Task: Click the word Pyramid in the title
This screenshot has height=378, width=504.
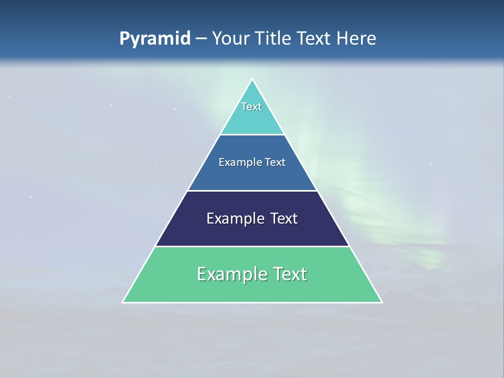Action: tap(155, 39)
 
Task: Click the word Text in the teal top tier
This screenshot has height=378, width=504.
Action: tap(251, 107)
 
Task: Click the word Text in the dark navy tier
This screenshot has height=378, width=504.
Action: tap(284, 218)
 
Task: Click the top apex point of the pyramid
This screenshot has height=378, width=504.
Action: tap(252, 79)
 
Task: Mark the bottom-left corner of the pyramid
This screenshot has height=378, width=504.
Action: tap(123, 302)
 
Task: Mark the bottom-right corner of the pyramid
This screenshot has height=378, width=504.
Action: tap(382, 302)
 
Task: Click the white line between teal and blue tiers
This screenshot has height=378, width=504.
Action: tap(252, 134)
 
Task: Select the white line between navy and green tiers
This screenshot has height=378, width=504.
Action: tap(252, 246)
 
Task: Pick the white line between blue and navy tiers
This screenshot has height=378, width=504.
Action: tap(252, 191)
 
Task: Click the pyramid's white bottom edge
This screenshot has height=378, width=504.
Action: tap(252, 302)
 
